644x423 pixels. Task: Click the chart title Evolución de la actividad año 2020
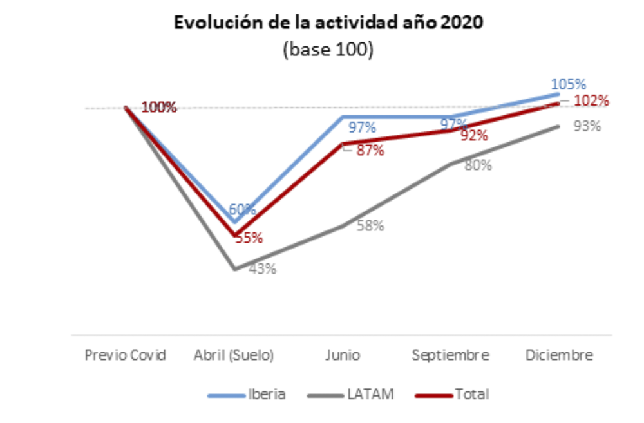tap(328, 24)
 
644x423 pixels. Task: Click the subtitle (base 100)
tap(328, 51)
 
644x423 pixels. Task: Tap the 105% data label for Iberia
tap(569, 84)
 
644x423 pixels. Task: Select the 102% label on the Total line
tap(592, 100)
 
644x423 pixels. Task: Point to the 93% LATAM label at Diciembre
tap(587, 126)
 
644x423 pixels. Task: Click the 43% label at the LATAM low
tap(262, 269)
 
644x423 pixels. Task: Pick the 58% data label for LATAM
tap(370, 226)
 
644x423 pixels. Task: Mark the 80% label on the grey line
tap(478, 165)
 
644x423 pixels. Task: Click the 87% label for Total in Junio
tap(370, 151)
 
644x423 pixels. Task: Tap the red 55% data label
tap(249, 238)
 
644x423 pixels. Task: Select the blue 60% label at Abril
tap(242, 209)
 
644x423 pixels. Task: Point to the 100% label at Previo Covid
tap(158, 108)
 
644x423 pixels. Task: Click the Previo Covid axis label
tap(126, 355)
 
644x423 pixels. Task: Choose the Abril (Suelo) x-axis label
tap(234, 355)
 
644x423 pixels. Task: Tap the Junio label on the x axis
tap(342, 355)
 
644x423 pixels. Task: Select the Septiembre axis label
tap(451, 355)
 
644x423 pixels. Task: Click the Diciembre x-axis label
tap(559, 355)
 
